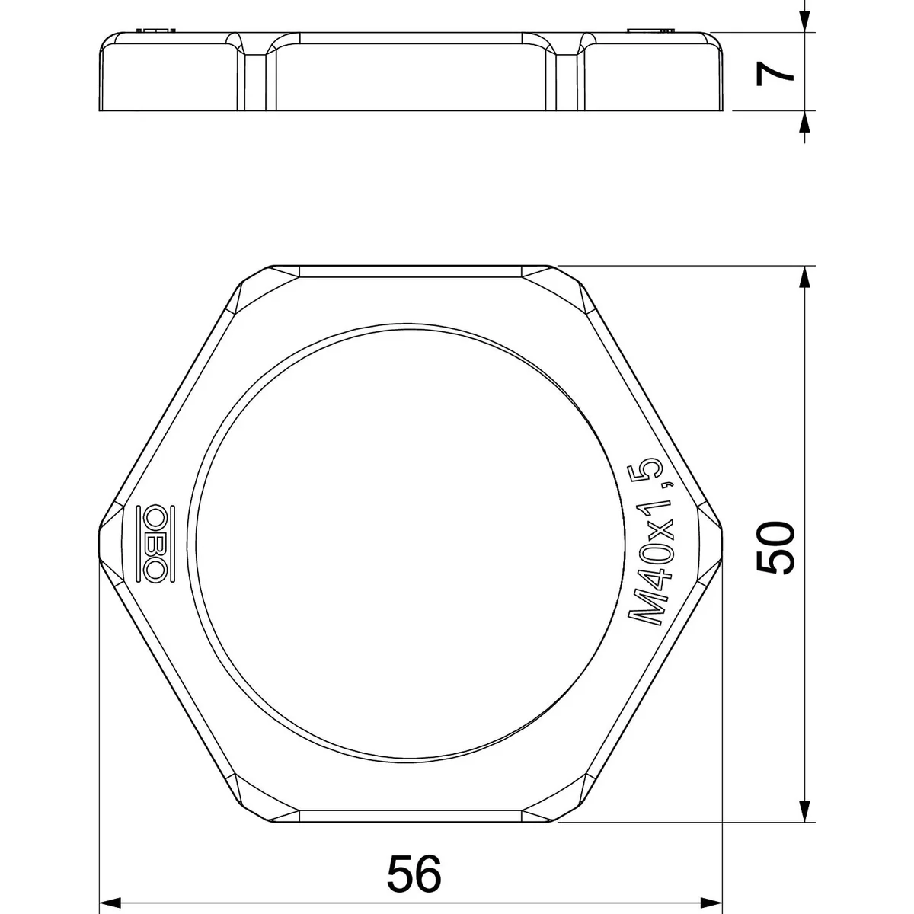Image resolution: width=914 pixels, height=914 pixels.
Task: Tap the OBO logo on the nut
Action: [x=155, y=544]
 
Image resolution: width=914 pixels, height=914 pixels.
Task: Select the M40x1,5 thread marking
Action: [x=650, y=542]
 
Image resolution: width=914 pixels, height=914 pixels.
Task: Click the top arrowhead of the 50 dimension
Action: [x=804, y=277]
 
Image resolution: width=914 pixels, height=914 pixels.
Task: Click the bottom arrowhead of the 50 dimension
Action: [x=804, y=810]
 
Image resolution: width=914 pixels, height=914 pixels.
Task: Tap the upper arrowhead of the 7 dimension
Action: [x=804, y=21]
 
